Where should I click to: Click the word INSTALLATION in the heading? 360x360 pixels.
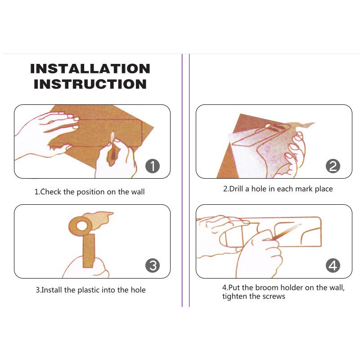coord(90,69)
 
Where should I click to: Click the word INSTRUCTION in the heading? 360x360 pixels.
coord(90,84)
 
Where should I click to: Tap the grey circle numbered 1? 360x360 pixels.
coord(153,166)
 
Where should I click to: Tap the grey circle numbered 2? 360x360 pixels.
coord(333,166)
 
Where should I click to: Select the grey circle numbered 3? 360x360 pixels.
coord(153,265)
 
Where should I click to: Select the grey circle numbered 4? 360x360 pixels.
coord(333,265)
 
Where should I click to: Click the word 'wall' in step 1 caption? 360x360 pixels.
coord(137,192)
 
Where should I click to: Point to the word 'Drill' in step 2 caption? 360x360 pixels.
coord(238,189)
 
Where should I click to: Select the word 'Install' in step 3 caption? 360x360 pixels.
coord(52,290)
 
